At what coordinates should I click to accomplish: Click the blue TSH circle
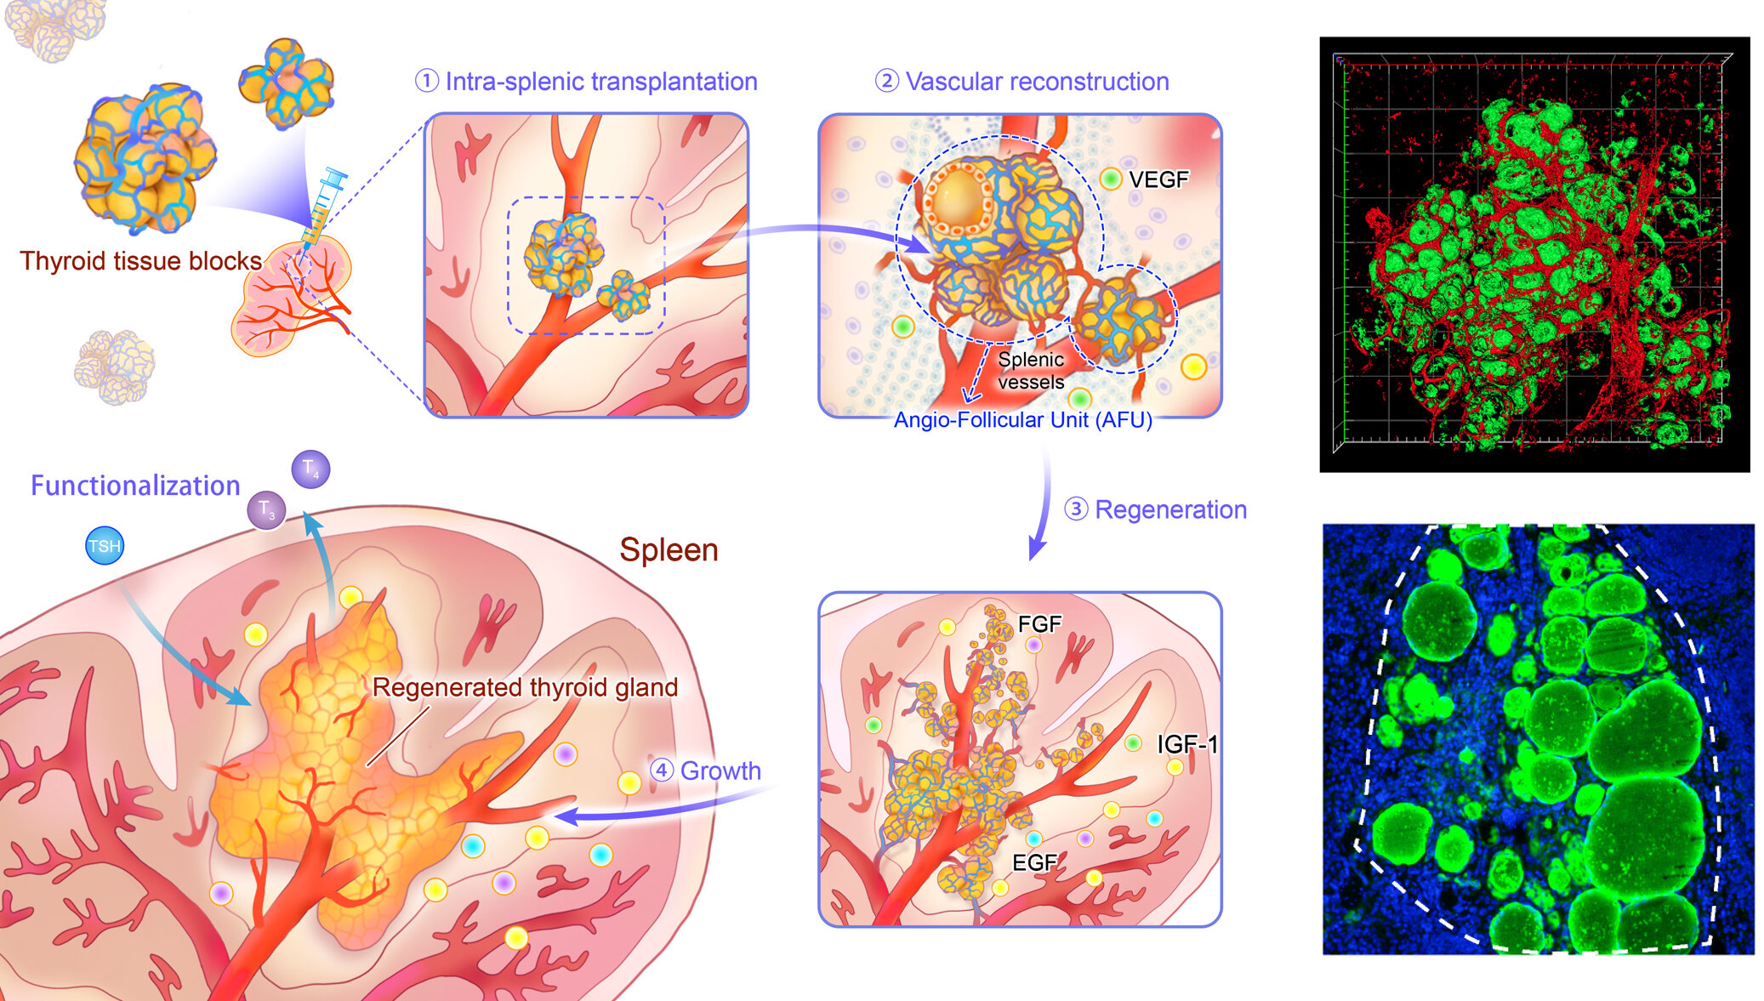pos(105,546)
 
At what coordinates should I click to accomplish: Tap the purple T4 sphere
pos(310,469)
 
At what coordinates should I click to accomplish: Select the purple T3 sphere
pos(266,511)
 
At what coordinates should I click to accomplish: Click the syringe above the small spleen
pos(324,205)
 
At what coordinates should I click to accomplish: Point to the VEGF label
pos(1158,179)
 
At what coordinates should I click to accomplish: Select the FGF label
pos(1039,624)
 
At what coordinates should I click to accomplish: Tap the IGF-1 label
pos(1187,744)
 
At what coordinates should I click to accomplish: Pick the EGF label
pos(1034,862)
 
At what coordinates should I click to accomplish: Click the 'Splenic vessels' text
pos(1031,371)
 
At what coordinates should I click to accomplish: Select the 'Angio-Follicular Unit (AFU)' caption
pos(1022,420)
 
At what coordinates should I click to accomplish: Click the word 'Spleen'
pos(669,550)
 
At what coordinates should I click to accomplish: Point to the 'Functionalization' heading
pos(135,486)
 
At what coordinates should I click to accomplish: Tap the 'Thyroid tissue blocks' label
pos(140,260)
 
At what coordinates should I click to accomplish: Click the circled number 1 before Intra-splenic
pos(426,82)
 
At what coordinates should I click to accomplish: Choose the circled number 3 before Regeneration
pos(1076,509)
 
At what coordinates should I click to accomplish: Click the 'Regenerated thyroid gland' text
pos(525,687)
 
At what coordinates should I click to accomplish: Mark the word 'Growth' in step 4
pos(720,771)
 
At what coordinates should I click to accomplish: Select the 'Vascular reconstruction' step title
pos(1037,82)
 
